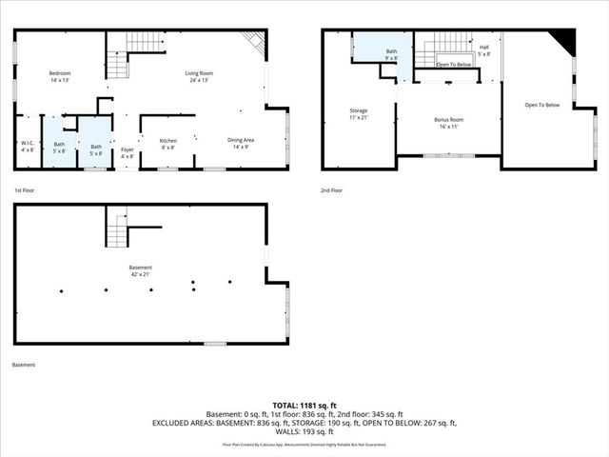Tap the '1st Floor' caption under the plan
coord(25,190)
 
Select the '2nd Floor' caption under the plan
coord(332,190)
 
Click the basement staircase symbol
coord(116,231)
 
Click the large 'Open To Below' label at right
coord(541,105)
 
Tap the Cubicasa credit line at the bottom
coord(304,444)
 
